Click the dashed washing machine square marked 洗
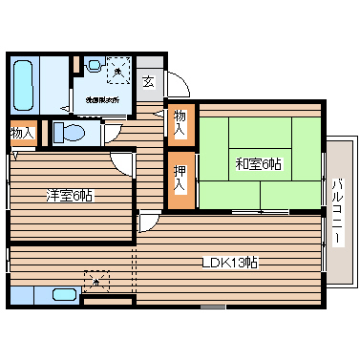(117, 70)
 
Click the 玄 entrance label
(150, 81)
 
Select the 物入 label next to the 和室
(180, 122)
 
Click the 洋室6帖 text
(73, 196)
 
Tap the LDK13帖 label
(232, 262)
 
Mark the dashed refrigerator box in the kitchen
(96, 280)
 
